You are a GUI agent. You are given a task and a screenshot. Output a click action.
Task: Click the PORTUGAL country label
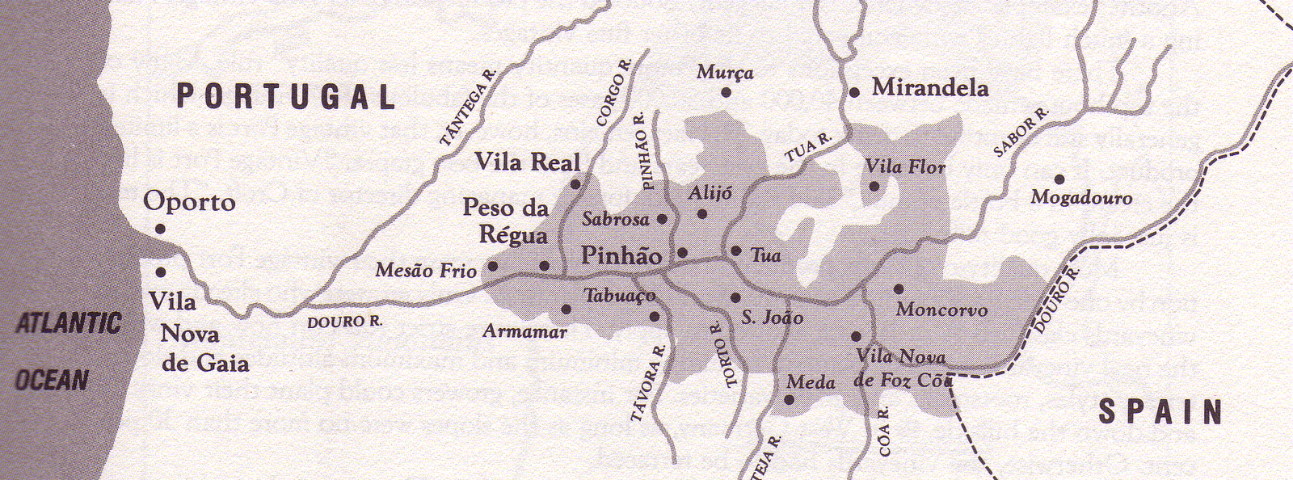(286, 97)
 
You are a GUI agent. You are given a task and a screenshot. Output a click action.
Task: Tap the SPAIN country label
(1160, 412)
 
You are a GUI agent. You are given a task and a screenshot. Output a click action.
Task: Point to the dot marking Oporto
(160, 229)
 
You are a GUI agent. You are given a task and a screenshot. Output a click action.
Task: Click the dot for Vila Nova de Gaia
(161, 272)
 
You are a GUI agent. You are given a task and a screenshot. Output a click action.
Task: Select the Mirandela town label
(929, 87)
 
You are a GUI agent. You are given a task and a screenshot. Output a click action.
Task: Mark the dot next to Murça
(727, 93)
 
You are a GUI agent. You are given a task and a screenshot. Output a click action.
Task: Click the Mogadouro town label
(1081, 198)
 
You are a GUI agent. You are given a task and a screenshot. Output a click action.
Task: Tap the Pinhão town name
(621, 256)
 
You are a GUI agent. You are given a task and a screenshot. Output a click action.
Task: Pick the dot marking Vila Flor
(874, 186)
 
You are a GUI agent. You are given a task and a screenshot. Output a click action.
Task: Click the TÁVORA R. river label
(648, 383)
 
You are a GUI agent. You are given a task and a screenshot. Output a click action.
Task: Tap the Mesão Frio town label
(426, 271)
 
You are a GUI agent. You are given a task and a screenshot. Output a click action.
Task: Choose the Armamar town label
(524, 331)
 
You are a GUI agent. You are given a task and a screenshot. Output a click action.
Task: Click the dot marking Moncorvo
(898, 288)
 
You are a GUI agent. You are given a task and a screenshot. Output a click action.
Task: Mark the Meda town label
(811, 381)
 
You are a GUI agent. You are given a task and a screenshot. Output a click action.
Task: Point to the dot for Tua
(735, 251)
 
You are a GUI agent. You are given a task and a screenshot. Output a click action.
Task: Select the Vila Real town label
(527, 162)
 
